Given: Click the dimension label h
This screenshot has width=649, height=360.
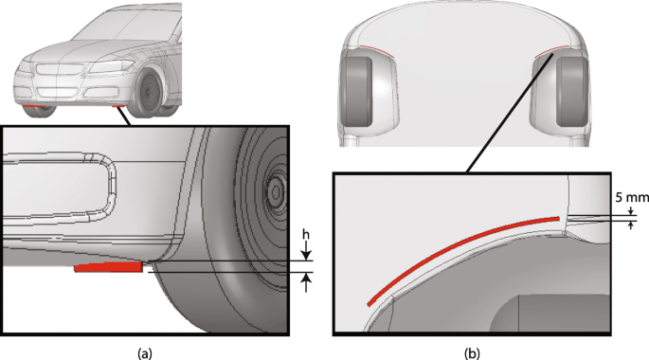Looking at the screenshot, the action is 305,235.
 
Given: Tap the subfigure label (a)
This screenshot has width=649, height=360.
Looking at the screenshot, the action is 144,353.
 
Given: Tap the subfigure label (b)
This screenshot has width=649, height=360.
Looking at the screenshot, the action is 472,353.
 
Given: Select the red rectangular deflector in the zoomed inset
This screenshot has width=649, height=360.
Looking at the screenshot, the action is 108,267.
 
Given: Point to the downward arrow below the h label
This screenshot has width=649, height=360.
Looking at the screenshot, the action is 306,251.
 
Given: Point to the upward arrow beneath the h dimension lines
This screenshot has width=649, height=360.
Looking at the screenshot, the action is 306,282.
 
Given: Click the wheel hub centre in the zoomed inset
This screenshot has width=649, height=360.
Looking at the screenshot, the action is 275,191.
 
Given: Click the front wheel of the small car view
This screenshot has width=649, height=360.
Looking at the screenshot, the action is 150,92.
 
